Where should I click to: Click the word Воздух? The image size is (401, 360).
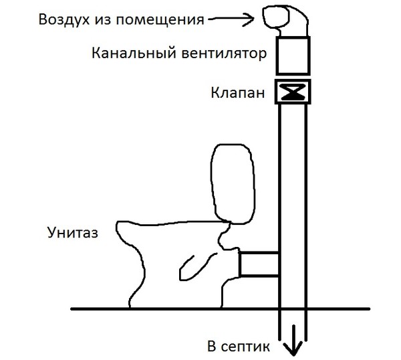(64, 19)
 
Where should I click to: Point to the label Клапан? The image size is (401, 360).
(237, 93)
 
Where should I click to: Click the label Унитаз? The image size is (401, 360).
(73, 233)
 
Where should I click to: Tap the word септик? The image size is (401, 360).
(245, 347)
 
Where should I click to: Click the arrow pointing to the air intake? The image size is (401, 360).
(231, 19)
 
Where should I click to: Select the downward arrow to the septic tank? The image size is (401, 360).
(293, 341)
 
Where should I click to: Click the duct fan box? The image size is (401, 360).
(293, 56)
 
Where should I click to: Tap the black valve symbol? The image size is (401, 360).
(293, 92)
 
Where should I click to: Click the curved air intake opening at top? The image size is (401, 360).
(276, 17)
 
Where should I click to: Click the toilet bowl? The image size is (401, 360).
(176, 264)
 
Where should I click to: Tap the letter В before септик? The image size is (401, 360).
(212, 346)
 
